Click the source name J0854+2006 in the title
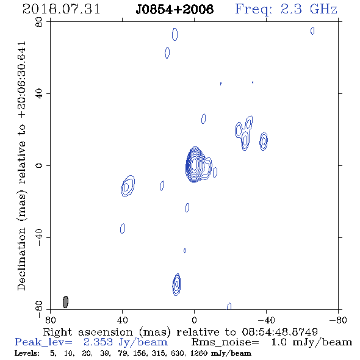[175, 9]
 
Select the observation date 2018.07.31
[61, 9]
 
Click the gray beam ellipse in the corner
[65, 302]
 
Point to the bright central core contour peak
[194, 164]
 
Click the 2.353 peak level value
[98, 342]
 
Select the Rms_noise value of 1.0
[279, 342]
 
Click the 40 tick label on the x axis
[123, 320]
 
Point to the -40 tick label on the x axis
[266, 320]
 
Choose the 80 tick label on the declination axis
[39, 22]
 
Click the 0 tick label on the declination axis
[39, 165]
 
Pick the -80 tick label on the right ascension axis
[338, 320]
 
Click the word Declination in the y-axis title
[21, 259]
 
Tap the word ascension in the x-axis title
[106, 332]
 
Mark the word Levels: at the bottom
[27, 353]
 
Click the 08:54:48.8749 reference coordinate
[279, 332]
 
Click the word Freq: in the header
[253, 9]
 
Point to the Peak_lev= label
[43, 342]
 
